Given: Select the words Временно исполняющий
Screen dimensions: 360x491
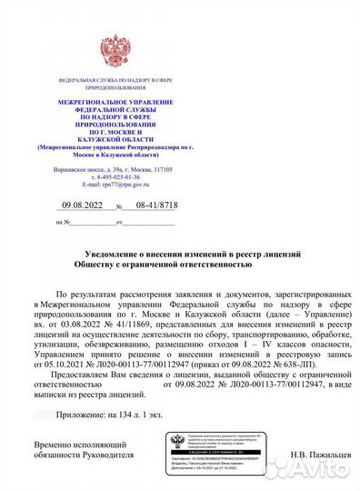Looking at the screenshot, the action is pos(77,442).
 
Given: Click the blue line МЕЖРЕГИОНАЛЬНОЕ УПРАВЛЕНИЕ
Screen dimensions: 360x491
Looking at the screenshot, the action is pos(115,106).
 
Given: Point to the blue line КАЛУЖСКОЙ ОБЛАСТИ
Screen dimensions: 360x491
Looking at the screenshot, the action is pos(115,138).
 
